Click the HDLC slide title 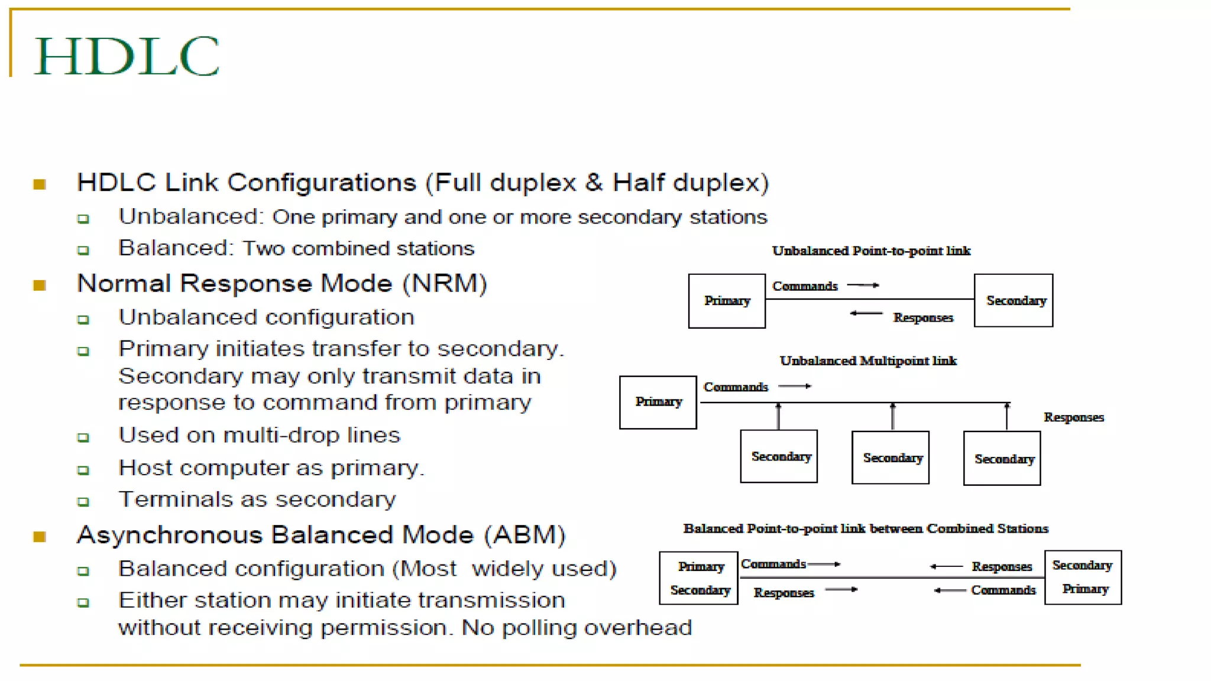coord(127,56)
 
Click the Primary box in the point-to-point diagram coord(727,301)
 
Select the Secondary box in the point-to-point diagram coord(1014,300)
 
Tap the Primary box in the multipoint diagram coord(658,402)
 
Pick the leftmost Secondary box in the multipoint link coord(779,456)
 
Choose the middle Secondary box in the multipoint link coord(891,458)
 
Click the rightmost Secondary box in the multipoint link coord(1002,459)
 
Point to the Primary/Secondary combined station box coord(699,578)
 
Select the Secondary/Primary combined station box coord(1083,578)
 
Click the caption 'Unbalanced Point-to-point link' coord(871,251)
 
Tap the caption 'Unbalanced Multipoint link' coord(868,361)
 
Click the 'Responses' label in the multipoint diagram coord(1074,417)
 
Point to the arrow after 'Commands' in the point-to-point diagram coord(863,286)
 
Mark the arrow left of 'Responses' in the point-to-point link coord(866,313)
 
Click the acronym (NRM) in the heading coord(445,284)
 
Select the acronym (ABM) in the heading coord(524,535)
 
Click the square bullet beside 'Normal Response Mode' coord(40,286)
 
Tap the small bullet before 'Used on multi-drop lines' coord(83,438)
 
